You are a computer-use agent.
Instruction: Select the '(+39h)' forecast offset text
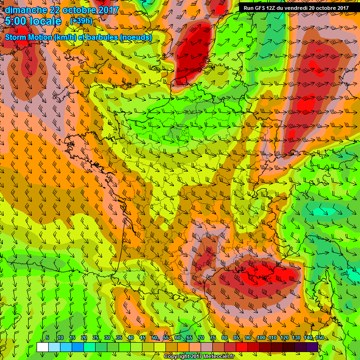point(81,22)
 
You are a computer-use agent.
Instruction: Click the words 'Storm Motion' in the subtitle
point(29,37)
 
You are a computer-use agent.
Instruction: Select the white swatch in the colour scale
point(43,347)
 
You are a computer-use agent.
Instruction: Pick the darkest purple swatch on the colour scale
point(313,347)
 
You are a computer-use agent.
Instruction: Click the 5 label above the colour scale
point(47,338)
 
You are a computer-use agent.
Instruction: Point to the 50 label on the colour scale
point(154,338)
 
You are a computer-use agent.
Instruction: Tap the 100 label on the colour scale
point(261,338)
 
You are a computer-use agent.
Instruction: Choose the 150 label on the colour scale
point(320,338)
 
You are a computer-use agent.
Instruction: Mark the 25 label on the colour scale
point(95,338)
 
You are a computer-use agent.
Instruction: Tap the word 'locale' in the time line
point(45,21)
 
